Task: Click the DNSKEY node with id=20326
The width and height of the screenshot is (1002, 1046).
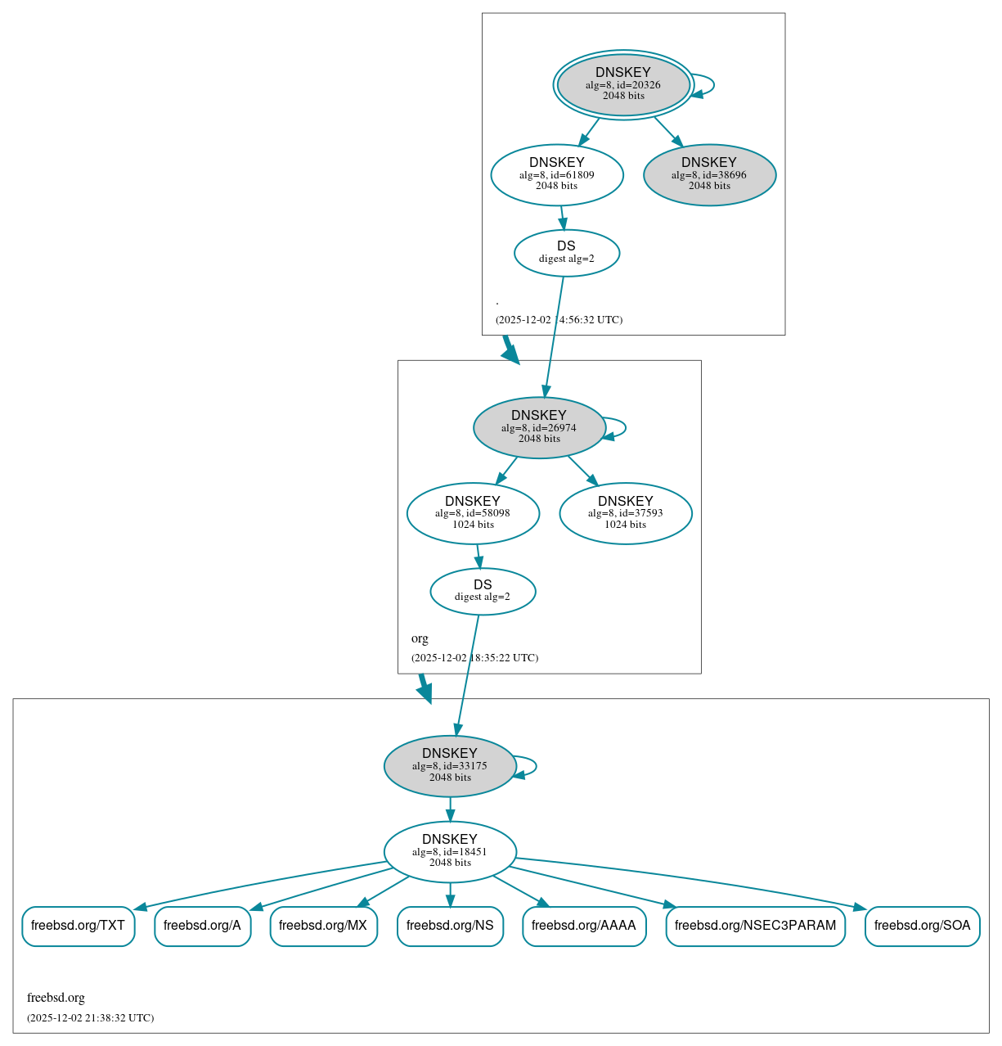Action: (623, 84)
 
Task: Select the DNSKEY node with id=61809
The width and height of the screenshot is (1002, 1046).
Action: (557, 174)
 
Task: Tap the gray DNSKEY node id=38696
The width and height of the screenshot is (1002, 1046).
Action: (709, 174)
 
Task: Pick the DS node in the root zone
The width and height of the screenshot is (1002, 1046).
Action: (566, 252)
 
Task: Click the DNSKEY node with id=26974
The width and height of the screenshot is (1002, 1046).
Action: (539, 427)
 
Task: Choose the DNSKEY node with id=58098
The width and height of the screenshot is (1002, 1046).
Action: (473, 513)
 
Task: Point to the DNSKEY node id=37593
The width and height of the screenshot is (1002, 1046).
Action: (626, 513)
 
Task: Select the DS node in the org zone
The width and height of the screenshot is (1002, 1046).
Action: (483, 591)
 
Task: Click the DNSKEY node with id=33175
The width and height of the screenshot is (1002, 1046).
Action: (450, 765)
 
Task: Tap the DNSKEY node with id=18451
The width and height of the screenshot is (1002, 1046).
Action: (450, 851)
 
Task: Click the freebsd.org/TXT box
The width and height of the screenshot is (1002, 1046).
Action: (78, 926)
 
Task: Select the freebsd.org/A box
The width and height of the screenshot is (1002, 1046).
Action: (202, 926)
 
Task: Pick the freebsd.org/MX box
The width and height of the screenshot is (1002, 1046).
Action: (323, 926)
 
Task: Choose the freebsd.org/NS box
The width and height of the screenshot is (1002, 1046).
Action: (450, 926)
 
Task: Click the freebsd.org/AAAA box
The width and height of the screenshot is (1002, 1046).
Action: (583, 926)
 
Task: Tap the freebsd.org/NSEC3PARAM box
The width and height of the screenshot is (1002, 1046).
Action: (755, 926)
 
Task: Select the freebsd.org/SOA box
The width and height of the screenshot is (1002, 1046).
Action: (922, 926)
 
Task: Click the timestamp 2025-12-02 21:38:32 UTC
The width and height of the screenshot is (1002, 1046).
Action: (90, 1018)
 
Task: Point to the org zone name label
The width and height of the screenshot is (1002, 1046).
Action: (420, 638)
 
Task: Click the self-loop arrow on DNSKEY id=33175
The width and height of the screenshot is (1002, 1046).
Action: (535, 766)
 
